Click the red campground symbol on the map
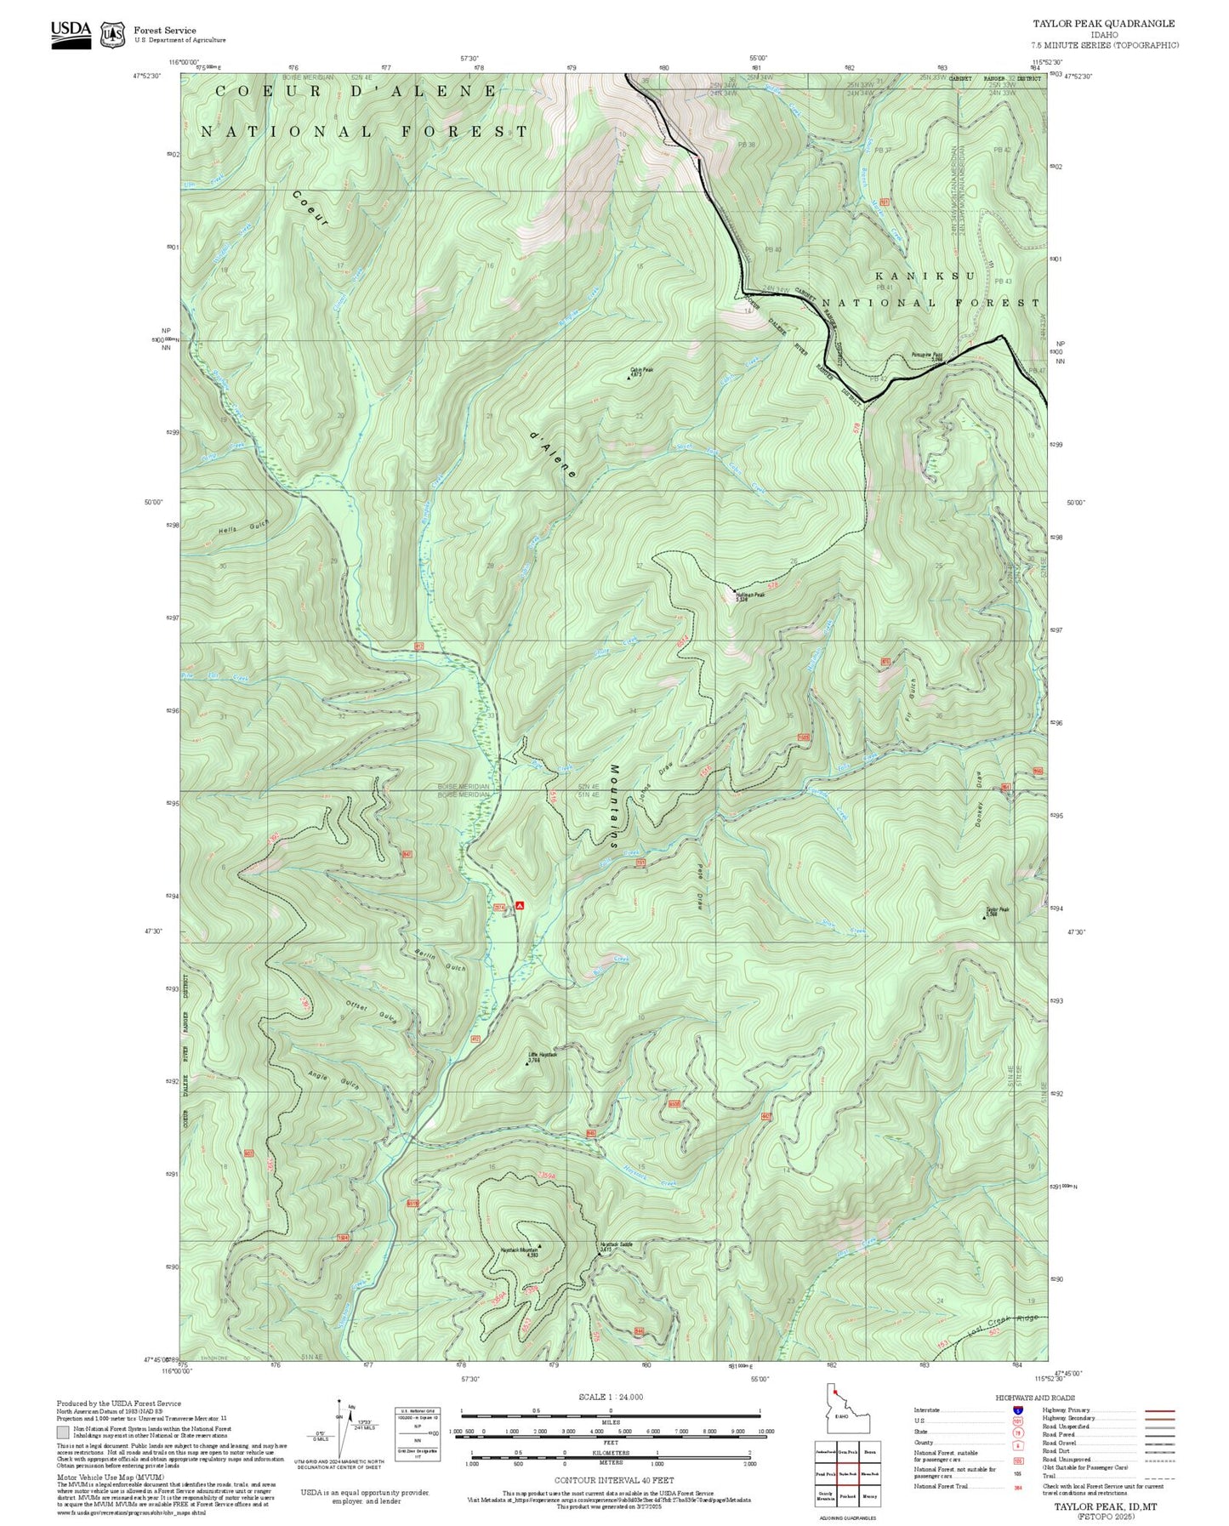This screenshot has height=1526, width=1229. [x=519, y=906]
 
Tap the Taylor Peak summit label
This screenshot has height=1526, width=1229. [x=998, y=910]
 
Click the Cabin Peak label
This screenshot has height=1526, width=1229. [x=641, y=371]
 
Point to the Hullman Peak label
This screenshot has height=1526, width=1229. [x=751, y=595]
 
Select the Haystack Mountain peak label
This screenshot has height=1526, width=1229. [x=520, y=1252]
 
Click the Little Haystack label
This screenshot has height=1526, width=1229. [x=543, y=1056]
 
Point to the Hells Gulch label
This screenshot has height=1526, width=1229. [x=244, y=527]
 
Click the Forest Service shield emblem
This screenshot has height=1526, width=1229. [x=112, y=34]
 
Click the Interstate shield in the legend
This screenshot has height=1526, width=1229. [x=1017, y=1409]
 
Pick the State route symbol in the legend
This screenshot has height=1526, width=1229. [x=1017, y=1432]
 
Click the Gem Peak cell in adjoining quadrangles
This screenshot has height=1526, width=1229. [x=847, y=1452]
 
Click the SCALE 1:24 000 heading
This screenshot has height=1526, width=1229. [x=611, y=1397]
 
